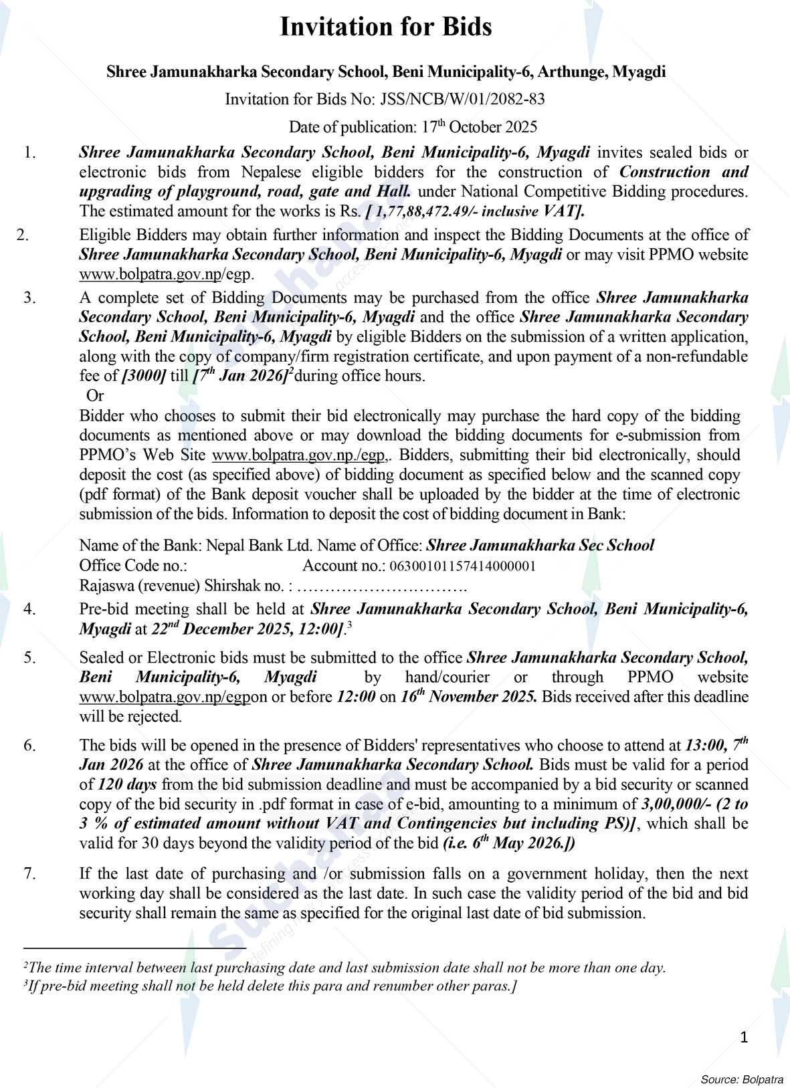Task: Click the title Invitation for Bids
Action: pos(385,27)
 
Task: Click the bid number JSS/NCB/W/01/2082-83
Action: pos(462,100)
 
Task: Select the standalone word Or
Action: pos(96,395)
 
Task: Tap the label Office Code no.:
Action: pos(133,566)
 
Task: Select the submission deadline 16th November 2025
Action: pos(468,697)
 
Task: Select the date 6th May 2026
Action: pos(518,844)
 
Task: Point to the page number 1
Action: pos(744,1037)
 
